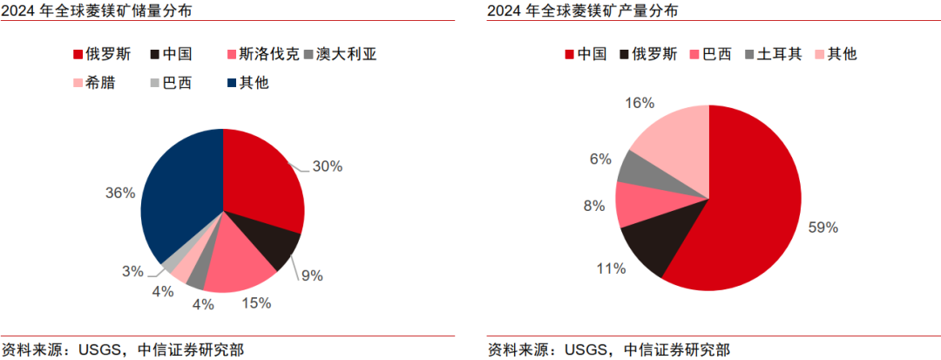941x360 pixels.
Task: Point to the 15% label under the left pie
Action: (256, 302)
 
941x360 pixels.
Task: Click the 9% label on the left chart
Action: (311, 275)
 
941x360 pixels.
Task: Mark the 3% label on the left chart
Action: (132, 271)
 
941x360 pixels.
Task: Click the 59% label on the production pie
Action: (823, 228)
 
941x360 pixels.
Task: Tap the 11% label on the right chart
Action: (611, 268)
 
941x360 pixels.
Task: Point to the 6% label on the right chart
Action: (600, 159)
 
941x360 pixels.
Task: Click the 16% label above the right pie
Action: (640, 103)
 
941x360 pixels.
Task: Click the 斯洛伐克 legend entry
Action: (262, 54)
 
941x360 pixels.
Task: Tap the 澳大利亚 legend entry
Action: (335, 54)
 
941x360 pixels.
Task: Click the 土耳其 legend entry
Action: (770, 54)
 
